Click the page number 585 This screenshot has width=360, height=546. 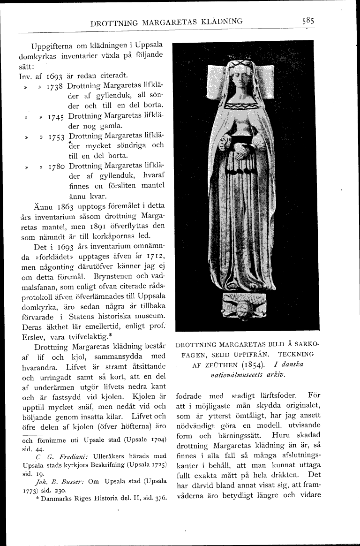[x=308, y=21]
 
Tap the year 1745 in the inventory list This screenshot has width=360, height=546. [x=56, y=116]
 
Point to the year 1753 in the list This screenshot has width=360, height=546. [x=56, y=136]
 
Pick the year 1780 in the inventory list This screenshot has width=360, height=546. [x=56, y=166]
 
